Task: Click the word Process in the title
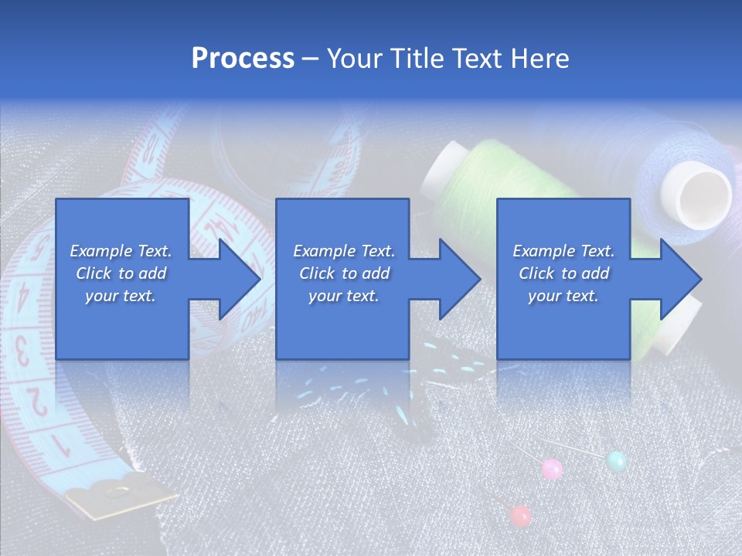[x=243, y=59]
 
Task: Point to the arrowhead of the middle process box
[x=458, y=279]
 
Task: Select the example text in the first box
[x=121, y=273]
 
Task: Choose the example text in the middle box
[x=343, y=273]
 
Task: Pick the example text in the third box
[x=563, y=273]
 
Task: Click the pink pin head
[x=552, y=468]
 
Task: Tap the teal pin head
[x=616, y=461]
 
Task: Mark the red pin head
[x=521, y=515]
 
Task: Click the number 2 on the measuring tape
[x=35, y=399]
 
